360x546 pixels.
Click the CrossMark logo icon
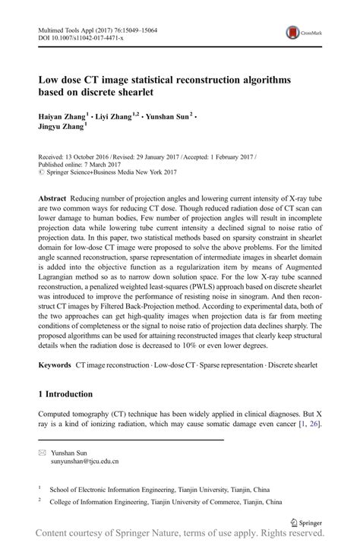292,33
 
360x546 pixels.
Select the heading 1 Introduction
65,395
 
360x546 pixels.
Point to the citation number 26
314,424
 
